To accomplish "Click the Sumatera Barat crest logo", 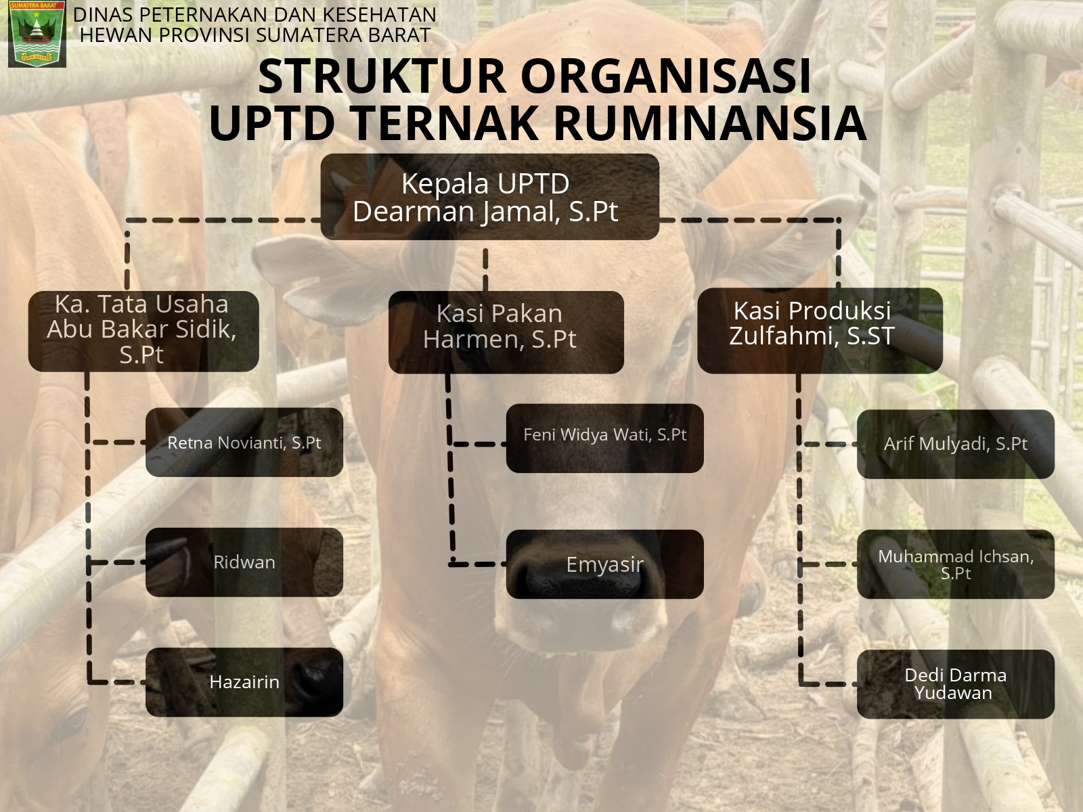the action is [37, 34].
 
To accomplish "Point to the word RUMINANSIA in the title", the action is [710, 122].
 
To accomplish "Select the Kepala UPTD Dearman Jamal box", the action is [490, 197].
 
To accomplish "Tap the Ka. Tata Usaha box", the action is [143, 331].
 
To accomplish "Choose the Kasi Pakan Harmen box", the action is [506, 332].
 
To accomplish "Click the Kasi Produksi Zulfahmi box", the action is [820, 330].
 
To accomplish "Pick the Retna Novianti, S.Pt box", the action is [244, 443].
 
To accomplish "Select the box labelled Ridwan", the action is [244, 562].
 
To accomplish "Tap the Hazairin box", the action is [244, 682].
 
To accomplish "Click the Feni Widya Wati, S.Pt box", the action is [605, 438].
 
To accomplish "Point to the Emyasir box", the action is [605, 564].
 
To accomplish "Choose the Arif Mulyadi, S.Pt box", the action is [956, 444].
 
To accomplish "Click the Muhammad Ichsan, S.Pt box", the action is [956, 564].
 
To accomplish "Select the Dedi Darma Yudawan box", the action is [956, 684].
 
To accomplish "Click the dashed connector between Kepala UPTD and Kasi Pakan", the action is [485, 269].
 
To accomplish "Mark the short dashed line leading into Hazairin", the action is [117, 682].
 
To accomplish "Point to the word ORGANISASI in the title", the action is [666, 76].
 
